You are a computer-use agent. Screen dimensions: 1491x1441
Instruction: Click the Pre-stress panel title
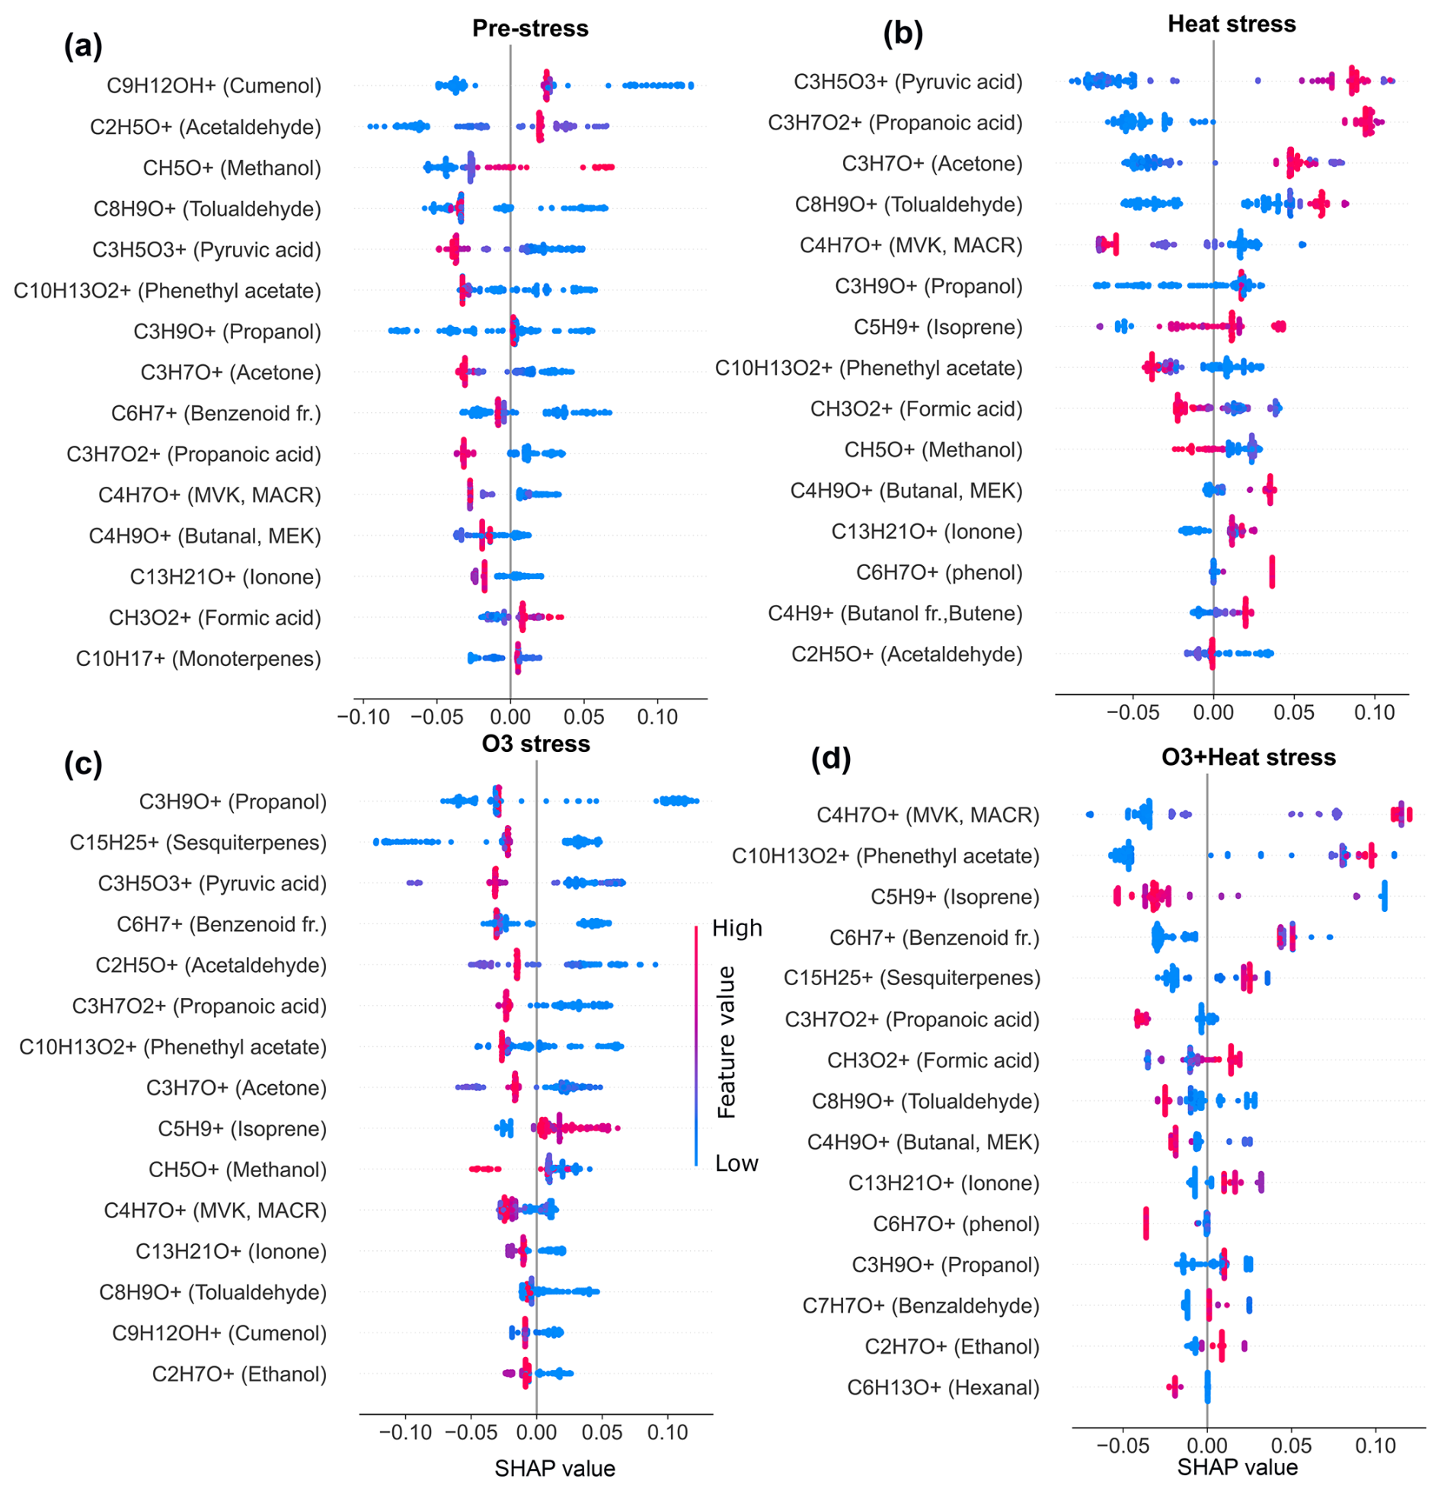(x=529, y=28)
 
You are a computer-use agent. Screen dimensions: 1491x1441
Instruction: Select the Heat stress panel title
(x=1231, y=24)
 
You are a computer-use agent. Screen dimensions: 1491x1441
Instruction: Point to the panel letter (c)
(x=83, y=763)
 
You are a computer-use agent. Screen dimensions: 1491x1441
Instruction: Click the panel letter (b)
(x=903, y=34)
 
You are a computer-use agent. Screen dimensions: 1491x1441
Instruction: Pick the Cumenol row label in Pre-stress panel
(x=213, y=85)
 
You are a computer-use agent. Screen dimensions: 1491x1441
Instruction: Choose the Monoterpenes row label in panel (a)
(x=198, y=658)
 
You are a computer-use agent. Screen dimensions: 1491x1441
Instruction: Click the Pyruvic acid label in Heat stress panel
(x=907, y=82)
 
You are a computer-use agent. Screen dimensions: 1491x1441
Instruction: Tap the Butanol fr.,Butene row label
(x=894, y=613)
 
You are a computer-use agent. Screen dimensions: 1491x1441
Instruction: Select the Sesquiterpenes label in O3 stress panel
(x=198, y=842)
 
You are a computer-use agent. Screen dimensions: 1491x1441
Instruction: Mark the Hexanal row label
(x=943, y=1387)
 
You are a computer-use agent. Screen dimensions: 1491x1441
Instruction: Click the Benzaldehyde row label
(x=920, y=1305)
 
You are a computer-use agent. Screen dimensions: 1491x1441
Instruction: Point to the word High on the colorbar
(x=736, y=928)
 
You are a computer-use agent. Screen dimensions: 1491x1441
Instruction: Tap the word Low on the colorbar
(x=736, y=1163)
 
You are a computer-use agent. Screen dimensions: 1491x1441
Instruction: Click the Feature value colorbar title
(x=727, y=1042)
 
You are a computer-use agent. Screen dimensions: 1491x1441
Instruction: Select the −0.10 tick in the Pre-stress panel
(x=363, y=717)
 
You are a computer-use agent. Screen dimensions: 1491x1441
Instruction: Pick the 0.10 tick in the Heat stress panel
(x=1374, y=712)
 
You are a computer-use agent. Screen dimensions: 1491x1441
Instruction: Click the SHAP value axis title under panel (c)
(x=554, y=1467)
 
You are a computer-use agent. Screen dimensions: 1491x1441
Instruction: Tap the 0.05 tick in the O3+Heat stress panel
(x=1291, y=1445)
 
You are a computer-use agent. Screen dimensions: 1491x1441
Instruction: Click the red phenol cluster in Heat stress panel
(x=1272, y=572)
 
